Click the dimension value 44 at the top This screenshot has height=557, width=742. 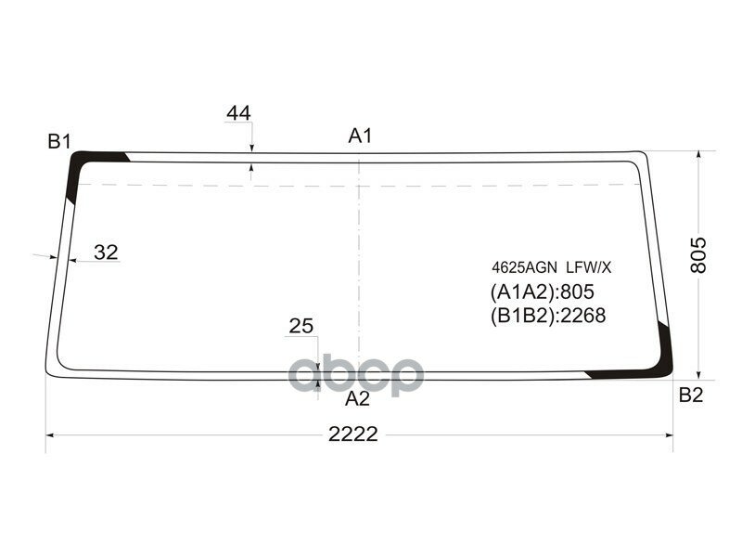[238, 113]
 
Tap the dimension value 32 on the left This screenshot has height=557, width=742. [107, 252]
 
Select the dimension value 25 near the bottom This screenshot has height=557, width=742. [301, 326]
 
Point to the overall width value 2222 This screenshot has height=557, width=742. [352, 434]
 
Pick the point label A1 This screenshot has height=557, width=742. [360, 136]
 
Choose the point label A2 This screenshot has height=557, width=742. [357, 399]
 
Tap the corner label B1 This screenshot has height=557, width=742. [60, 141]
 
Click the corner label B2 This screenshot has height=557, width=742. [691, 395]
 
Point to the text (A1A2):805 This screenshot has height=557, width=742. [542, 292]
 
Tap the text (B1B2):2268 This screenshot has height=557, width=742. [547, 316]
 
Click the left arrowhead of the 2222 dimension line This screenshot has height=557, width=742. [52, 434]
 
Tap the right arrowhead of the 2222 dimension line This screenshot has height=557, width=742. [668, 434]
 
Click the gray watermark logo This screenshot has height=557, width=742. [357, 375]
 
